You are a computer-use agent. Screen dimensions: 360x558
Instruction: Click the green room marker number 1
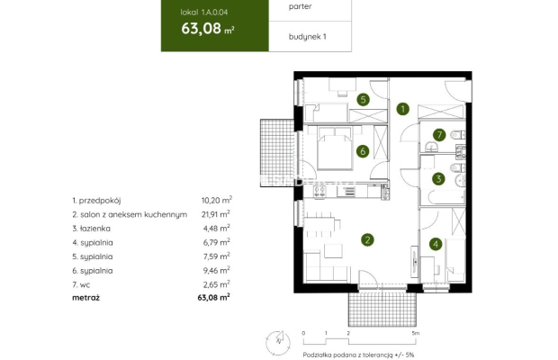pyautogui.click(x=403, y=109)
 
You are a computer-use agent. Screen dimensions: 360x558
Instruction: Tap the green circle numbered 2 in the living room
pyautogui.click(x=366, y=239)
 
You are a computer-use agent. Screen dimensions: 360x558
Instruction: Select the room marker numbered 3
pyautogui.click(x=437, y=178)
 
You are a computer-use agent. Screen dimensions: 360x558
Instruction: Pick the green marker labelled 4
pyautogui.click(x=435, y=243)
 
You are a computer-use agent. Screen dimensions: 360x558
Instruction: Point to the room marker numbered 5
pyautogui.click(x=363, y=100)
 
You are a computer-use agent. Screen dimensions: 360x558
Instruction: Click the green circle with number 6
pyautogui.click(x=363, y=151)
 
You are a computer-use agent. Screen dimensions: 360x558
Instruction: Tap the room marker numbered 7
pyautogui.click(x=438, y=136)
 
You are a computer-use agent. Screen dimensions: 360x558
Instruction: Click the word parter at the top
pyautogui.click(x=301, y=6)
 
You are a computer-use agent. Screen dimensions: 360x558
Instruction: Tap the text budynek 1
pyautogui.click(x=307, y=37)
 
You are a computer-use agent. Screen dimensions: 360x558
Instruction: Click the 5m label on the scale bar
pyautogui.click(x=415, y=332)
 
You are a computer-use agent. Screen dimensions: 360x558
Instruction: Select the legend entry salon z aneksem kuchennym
pyautogui.click(x=130, y=214)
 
